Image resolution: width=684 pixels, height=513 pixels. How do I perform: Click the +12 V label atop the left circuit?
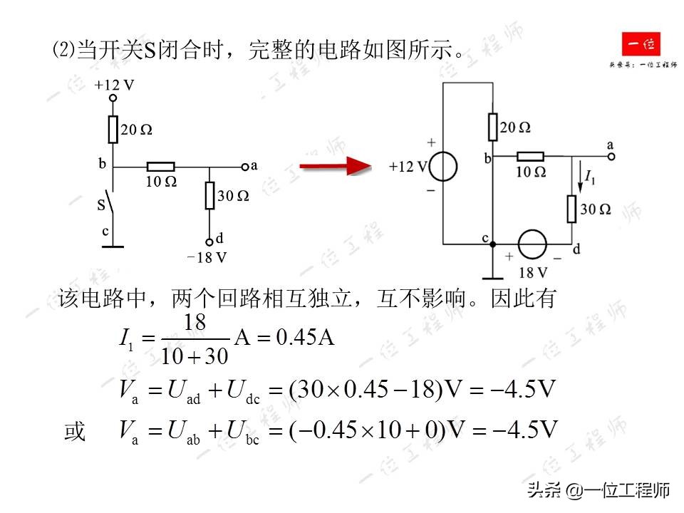[114, 85]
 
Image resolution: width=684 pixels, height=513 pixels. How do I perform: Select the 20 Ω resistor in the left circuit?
[113, 130]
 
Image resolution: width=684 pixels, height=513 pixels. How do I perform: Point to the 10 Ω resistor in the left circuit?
[161, 168]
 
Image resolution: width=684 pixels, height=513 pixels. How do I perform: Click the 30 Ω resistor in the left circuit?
[209, 195]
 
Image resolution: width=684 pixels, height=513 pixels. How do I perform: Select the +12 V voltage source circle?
[443, 167]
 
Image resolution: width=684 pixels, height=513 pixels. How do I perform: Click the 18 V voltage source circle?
[532, 244]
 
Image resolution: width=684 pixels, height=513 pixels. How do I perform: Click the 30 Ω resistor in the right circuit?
[571, 208]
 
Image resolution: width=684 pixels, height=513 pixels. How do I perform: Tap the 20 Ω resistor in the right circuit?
[492, 127]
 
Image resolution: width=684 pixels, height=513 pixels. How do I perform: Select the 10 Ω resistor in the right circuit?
[530, 156]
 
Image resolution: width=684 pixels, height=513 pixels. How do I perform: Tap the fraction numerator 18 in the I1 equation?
[195, 322]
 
